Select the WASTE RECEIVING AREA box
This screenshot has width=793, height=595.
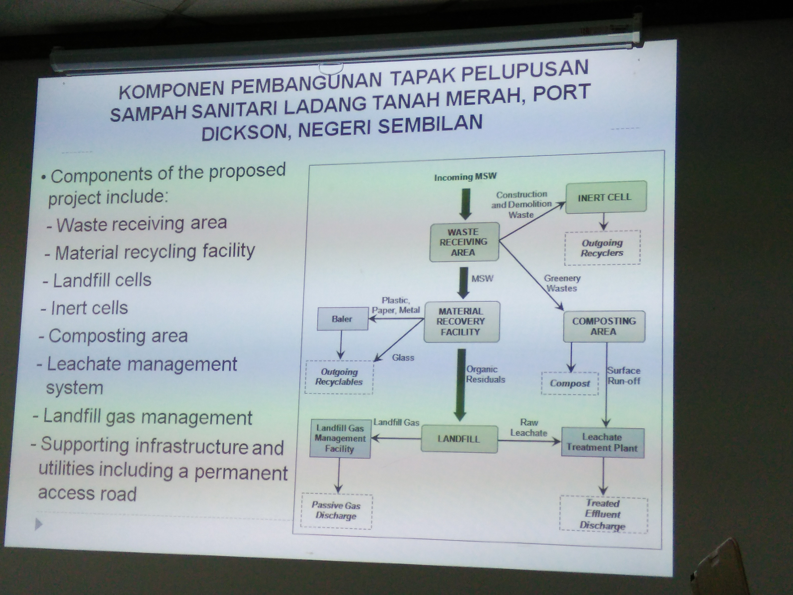pyautogui.click(x=464, y=242)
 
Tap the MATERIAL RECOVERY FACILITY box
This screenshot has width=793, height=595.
pyautogui.click(x=462, y=322)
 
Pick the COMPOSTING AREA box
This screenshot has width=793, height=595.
pyautogui.click(x=604, y=326)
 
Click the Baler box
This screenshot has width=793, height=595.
pyautogui.click(x=342, y=319)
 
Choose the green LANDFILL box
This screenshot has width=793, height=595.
pyautogui.click(x=459, y=439)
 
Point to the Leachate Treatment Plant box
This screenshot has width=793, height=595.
pyautogui.click(x=603, y=443)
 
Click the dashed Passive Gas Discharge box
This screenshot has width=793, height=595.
pyautogui.click(x=336, y=511)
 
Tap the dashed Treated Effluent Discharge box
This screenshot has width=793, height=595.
pyautogui.click(x=604, y=514)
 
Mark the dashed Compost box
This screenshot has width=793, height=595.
pyautogui.click(x=570, y=383)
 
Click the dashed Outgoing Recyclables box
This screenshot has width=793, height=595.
pyautogui.click(x=339, y=377)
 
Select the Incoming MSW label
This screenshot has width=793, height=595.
pyautogui.click(x=465, y=177)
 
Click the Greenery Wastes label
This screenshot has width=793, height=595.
pyautogui.click(x=562, y=283)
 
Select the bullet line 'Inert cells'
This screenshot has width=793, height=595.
pyautogui.click(x=84, y=308)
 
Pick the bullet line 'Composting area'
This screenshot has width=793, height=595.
pyautogui.click(x=113, y=336)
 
